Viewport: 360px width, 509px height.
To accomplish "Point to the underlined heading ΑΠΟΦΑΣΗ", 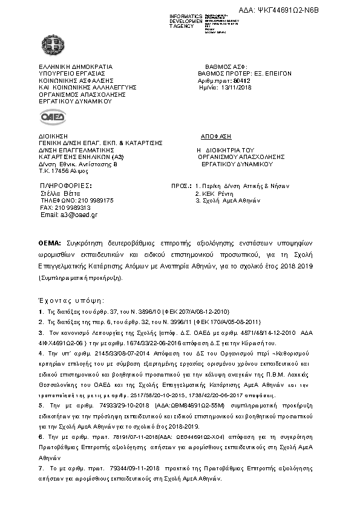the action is tap(216, 137).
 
